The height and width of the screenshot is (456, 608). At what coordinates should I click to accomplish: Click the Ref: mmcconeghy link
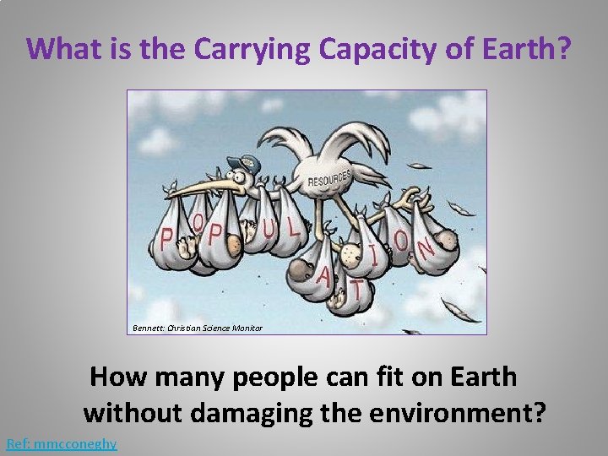[x=61, y=443]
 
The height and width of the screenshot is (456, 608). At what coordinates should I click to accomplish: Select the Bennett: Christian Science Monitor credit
[x=197, y=327]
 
